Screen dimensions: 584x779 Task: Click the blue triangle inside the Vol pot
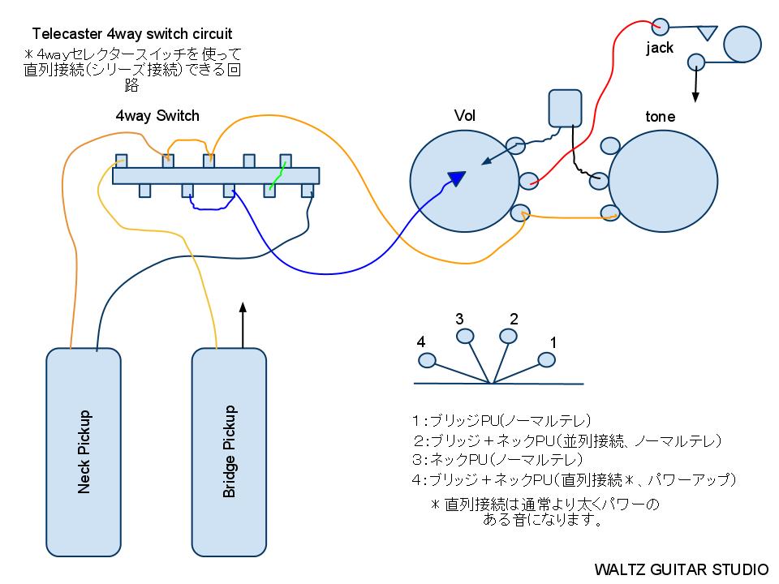tap(458, 178)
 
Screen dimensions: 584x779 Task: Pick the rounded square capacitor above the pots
tap(566, 107)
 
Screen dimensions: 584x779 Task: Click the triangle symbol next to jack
tap(708, 33)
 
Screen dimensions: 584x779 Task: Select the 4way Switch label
tap(157, 116)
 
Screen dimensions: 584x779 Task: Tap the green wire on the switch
tap(278, 176)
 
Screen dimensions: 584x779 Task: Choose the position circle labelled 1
tap(544, 360)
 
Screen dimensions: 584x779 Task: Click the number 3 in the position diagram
tap(459, 319)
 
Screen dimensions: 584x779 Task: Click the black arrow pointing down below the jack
tap(695, 85)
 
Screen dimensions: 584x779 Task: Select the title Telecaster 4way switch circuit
tap(131, 34)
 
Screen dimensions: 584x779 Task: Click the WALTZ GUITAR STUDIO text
tap(681, 569)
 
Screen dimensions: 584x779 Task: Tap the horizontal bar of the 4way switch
tap(215, 175)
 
